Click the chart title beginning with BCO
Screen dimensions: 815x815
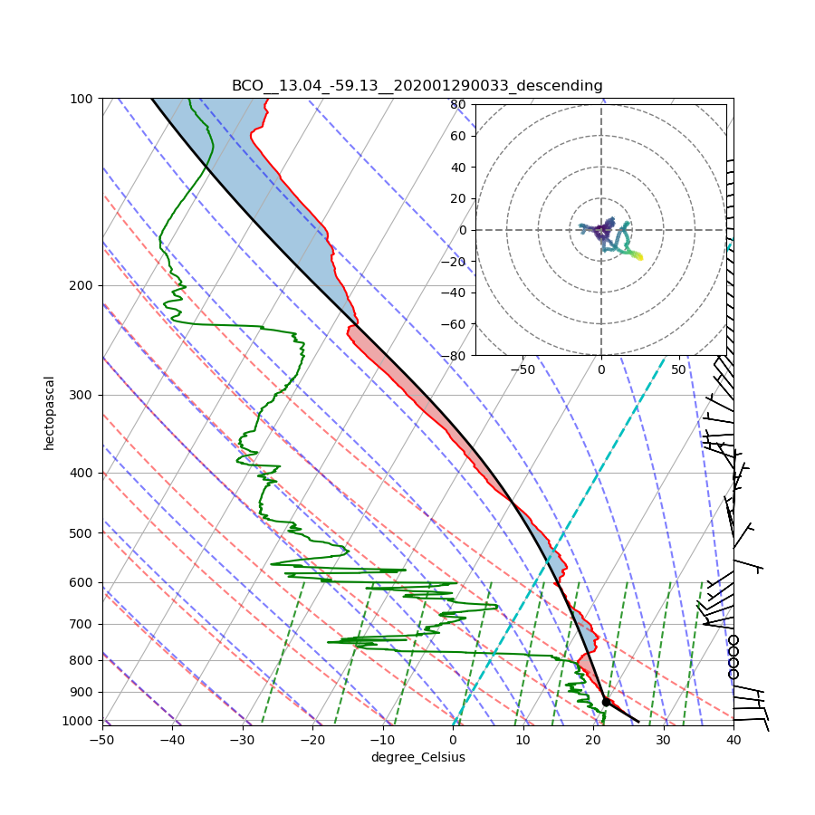tap(417, 86)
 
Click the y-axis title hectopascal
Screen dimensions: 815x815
tap(50, 412)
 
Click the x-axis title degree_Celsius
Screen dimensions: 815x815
tap(417, 757)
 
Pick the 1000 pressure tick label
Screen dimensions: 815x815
tap(79, 721)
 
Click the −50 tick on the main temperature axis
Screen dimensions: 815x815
tap(101, 740)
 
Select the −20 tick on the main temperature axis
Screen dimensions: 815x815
tap(312, 740)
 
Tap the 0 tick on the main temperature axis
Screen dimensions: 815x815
tap(453, 740)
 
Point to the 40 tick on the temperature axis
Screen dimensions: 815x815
tap(733, 740)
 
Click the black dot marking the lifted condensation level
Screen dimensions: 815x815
tap(606, 702)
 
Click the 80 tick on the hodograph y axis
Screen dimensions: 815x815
tap(458, 104)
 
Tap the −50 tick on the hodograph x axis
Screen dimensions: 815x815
tap(523, 369)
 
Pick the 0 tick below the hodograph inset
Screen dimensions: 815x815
tap(600, 369)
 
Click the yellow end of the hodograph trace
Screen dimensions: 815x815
tap(640, 257)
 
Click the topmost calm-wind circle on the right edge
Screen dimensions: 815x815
tap(733, 640)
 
